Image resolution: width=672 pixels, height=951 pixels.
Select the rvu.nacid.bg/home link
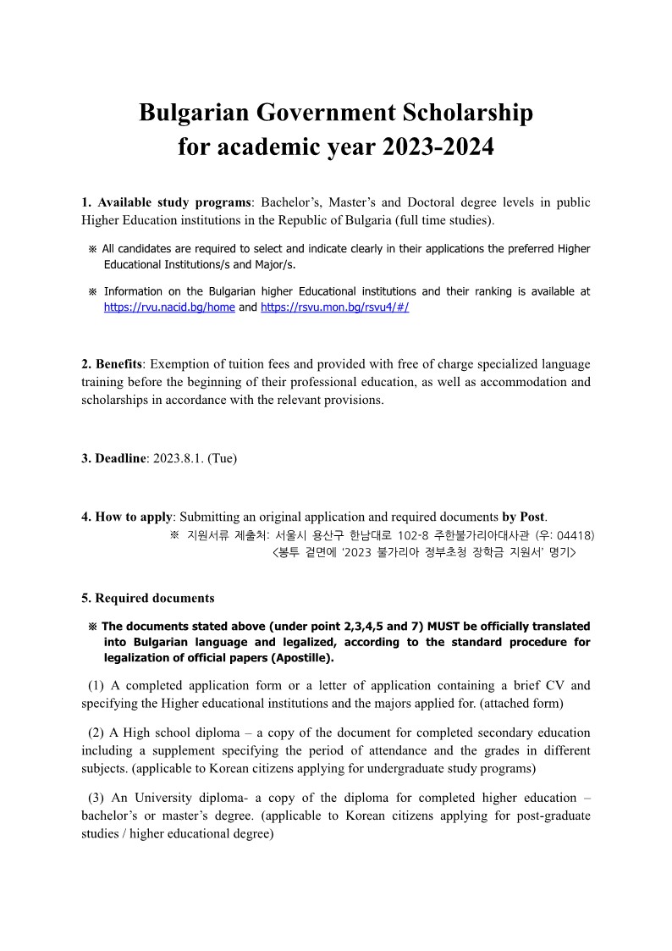pyautogui.click(x=169, y=307)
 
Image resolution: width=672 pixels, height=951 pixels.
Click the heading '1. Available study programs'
pyautogui.click(x=167, y=202)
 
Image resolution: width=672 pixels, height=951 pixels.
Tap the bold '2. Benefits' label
pyautogui.click(x=112, y=364)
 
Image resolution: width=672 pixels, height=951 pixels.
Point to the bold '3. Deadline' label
pyautogui.click(x=113, y=458)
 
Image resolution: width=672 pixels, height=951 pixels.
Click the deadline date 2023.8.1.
pyautogui.click(x=179, y=458)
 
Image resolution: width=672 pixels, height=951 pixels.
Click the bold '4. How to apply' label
pyautogui.click(x=126, y=517)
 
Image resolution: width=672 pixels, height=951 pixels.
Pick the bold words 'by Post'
pyautogui.click(x=524, y=517)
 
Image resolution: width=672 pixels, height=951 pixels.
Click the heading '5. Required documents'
pyautogui.click(x=148, y=598)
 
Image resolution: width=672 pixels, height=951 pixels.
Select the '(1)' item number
pyautogui.click(x=97, y=685)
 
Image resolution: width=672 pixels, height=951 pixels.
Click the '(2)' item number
pyautogui.click(x=97, y=733)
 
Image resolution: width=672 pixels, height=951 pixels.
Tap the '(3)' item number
pyautogui.click(x=97, y=798)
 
